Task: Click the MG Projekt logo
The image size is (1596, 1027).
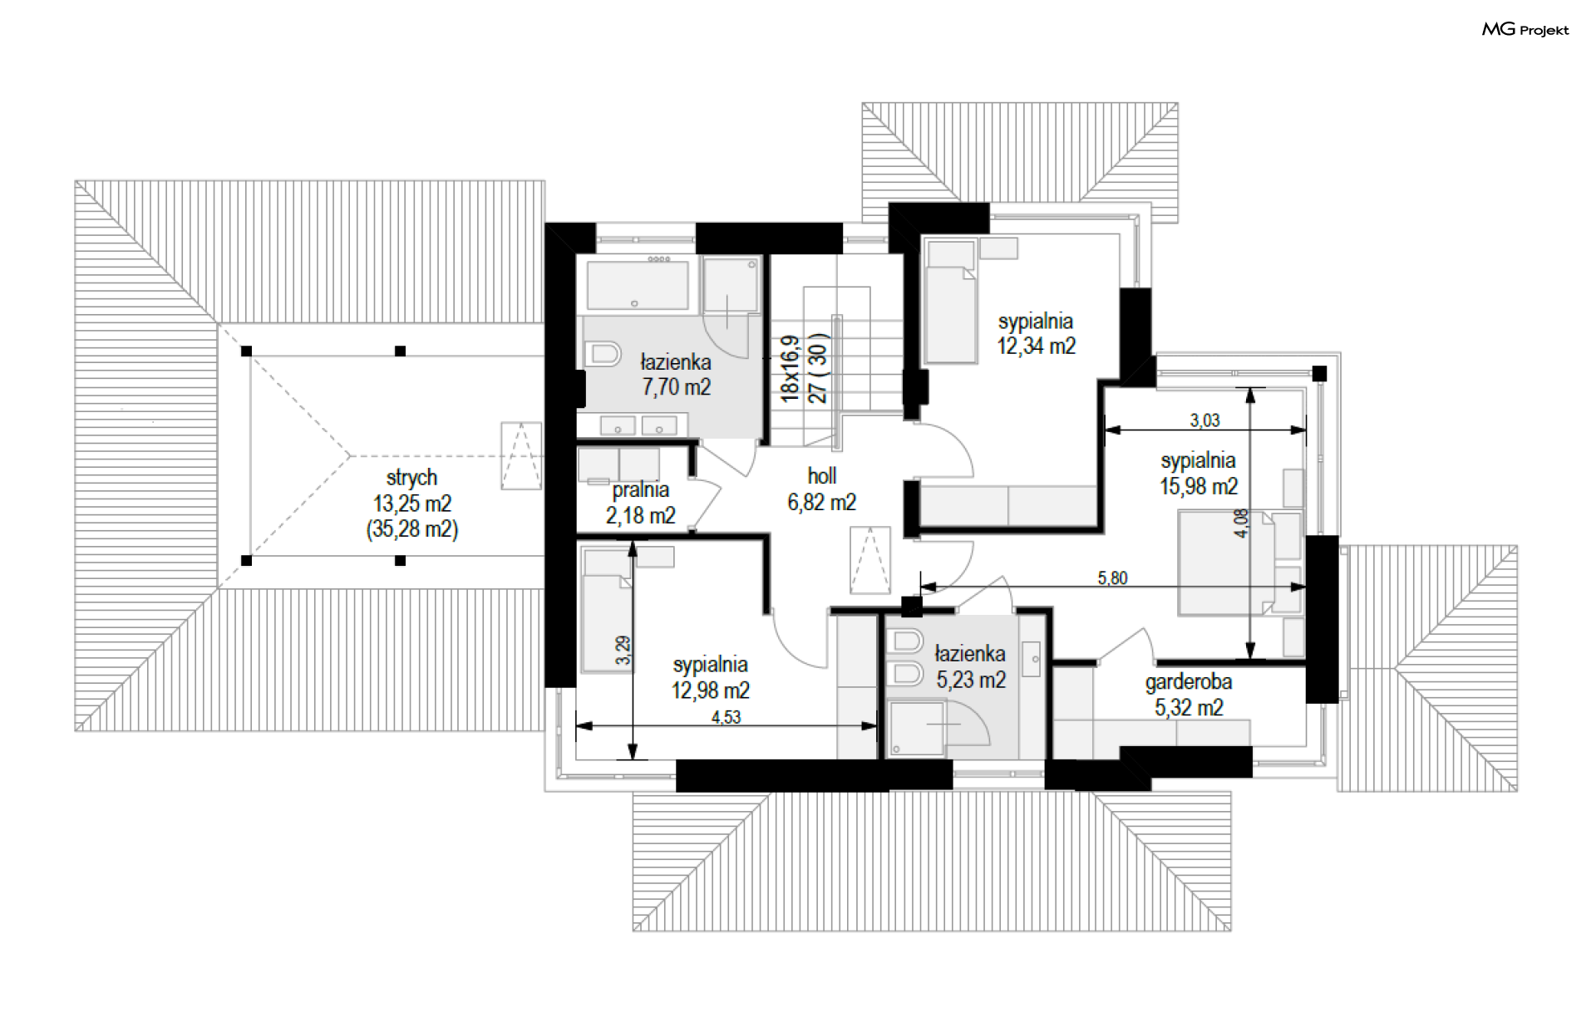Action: click(1525, 29)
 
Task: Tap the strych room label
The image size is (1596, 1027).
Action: click(411, 478)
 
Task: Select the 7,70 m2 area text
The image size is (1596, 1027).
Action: click(676, 387)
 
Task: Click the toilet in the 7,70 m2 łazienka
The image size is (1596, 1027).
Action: click(603, 355)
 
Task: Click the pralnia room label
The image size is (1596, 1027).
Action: click(641, 490)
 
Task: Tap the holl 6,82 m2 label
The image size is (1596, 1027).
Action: click(822, 489)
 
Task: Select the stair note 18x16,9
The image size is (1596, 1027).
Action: click(790, 369)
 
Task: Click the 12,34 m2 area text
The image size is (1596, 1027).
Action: click(1037, 346)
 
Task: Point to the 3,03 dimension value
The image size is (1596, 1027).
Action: click(1204, 420)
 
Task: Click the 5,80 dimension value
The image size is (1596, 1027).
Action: click(1112, 577)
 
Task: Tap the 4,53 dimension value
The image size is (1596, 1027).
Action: click(726, 717)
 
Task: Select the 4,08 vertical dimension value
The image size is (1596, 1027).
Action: click(1241, 523)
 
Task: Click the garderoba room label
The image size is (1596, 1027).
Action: click(1189, 682)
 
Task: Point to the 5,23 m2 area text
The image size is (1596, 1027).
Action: click(971, 681)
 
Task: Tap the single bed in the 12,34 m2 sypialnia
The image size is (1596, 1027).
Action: click(951, 302)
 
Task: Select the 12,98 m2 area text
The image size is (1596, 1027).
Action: click(711, 690)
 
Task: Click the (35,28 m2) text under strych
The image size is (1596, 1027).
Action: click(412, 529)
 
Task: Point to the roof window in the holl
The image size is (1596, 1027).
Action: click(869, 560)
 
